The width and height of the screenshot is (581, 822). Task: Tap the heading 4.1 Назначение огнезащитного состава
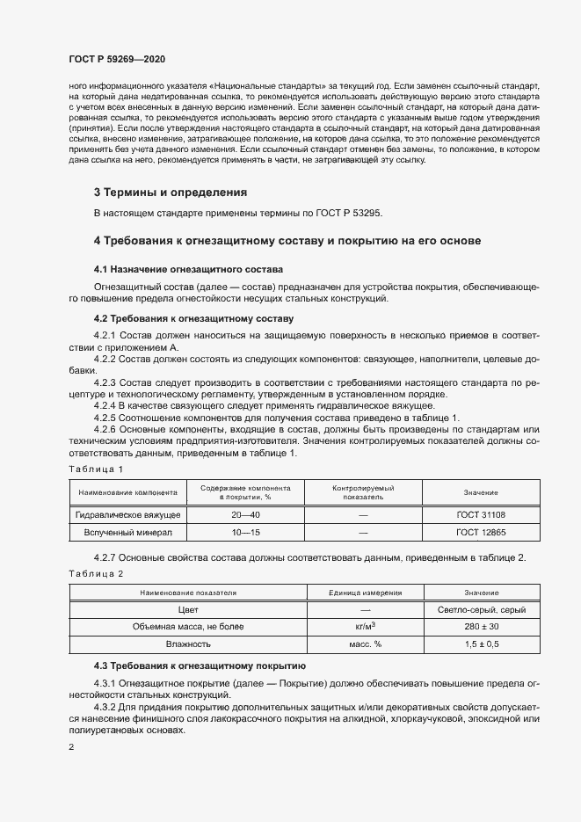click(x=188, y=268)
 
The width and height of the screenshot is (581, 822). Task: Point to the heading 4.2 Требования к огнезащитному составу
click(x=193, y=317)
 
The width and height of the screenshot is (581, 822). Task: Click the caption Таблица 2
click(x=96, y=573)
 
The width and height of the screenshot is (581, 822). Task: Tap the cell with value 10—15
click(x=245, y=533)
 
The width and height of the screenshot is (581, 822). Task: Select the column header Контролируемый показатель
click(x=363, y=491)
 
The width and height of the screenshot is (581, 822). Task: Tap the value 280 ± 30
click(x=481, y=627)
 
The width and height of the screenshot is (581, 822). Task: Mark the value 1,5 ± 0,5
click(x=481, y=644)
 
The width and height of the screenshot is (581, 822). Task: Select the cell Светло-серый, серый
click(x=481, y=609)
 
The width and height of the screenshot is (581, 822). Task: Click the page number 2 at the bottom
click(x=71, y=747)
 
